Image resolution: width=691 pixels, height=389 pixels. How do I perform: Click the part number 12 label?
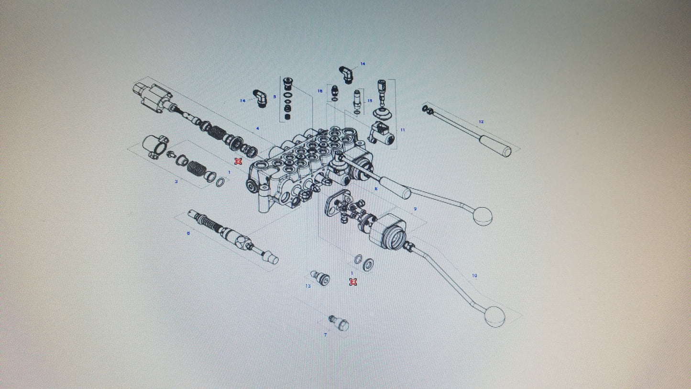click(481, 122)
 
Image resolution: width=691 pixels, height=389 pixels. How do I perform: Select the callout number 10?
click(474, 276)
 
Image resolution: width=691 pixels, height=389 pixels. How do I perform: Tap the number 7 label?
click(326, 335)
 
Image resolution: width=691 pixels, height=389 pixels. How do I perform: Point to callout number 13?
click(308, 286)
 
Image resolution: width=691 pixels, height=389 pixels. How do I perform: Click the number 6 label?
click(188, 233)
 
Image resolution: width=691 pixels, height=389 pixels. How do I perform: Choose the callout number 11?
click(403, 130)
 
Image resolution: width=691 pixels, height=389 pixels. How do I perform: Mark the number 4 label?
click(258, 128)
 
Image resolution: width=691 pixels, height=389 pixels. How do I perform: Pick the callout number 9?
click(415, 209)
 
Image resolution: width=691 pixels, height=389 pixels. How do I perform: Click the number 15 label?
click(370, 101)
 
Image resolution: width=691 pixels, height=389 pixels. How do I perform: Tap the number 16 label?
click(320, 91)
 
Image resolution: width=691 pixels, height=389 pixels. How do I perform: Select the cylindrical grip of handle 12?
click(496, 145)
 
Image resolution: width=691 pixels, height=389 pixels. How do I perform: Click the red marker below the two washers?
click(353, 282)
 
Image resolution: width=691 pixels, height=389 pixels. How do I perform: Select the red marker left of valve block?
click(238, 161)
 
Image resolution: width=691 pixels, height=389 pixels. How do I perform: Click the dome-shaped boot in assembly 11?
click(383, 115)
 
